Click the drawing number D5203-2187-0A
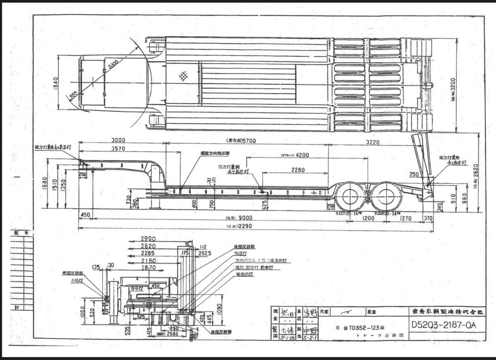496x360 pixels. click(444, 325)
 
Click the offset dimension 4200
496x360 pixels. click(302, 155)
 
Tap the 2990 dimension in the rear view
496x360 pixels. click(148, 239)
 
